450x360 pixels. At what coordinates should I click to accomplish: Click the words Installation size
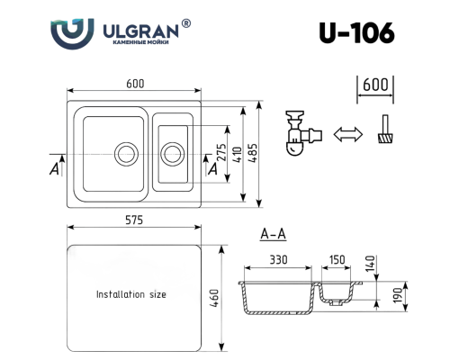click(130, 294)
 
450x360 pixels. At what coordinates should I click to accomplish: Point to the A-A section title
click(273, 236)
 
